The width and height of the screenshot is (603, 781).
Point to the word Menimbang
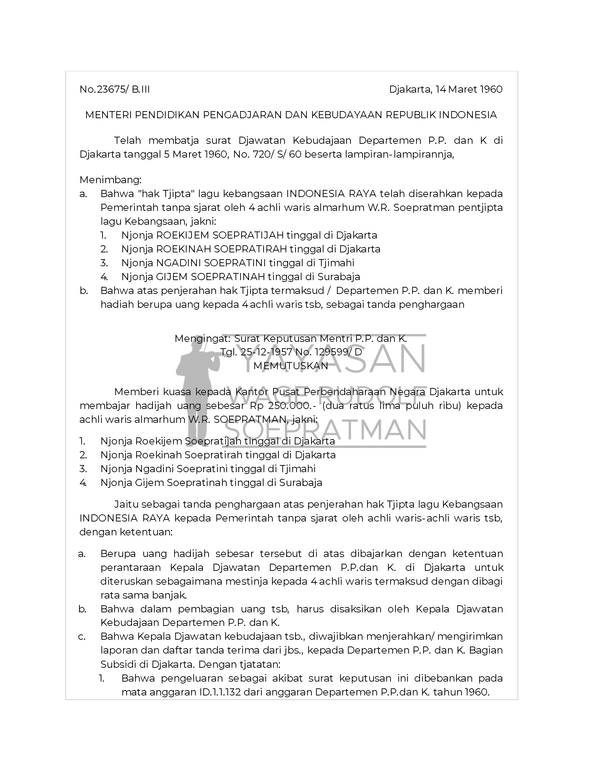click(110, 180)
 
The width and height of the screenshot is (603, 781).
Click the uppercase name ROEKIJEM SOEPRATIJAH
click(220, 235)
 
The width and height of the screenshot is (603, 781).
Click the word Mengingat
click(202, 338)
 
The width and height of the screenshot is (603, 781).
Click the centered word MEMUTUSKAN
click(291, 366)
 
